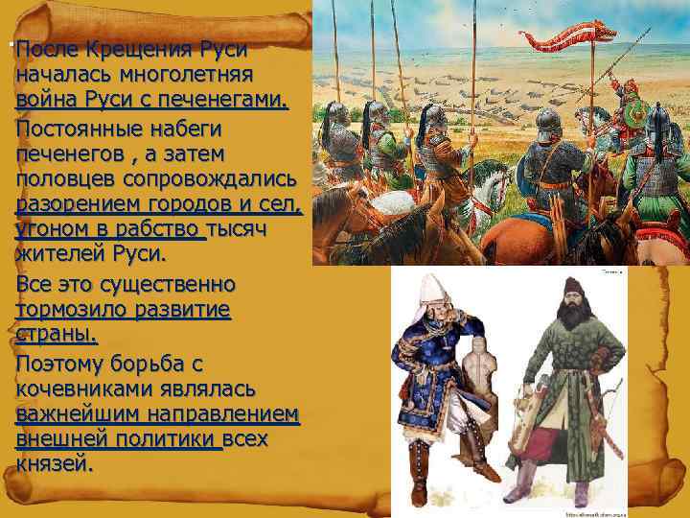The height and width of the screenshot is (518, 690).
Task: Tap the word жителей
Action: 62,256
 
